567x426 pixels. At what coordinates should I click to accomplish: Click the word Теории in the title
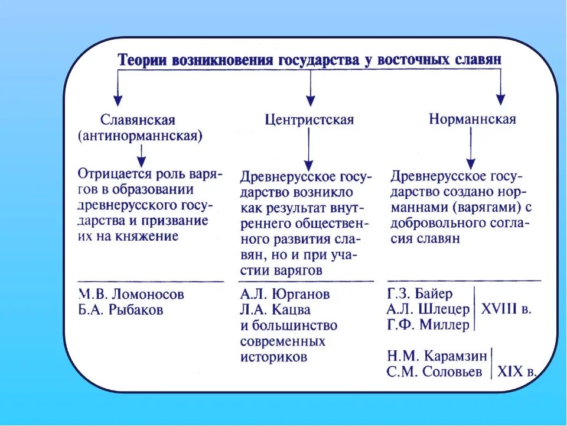[142, 61]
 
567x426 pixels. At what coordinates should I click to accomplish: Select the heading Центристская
[309, 120]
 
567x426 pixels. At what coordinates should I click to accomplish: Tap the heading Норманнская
[472, 119]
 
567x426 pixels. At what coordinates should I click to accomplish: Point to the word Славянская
[138, 120]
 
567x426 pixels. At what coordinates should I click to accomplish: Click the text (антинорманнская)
[140, 136]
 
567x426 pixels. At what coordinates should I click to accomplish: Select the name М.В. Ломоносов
[131, 294]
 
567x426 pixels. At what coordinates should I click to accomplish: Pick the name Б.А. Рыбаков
[120, 309]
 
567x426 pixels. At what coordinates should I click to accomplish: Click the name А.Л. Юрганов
[285, 294]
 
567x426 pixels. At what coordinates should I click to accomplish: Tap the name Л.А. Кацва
[275, 309]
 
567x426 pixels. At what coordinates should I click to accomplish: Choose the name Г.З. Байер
[420, 293]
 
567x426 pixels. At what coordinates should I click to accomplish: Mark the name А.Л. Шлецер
[428, 309]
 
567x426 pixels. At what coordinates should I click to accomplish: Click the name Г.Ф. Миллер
[428, 325]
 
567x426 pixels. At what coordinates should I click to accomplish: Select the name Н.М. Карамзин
[437, 356]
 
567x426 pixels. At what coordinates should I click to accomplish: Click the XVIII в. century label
[506, 309]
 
